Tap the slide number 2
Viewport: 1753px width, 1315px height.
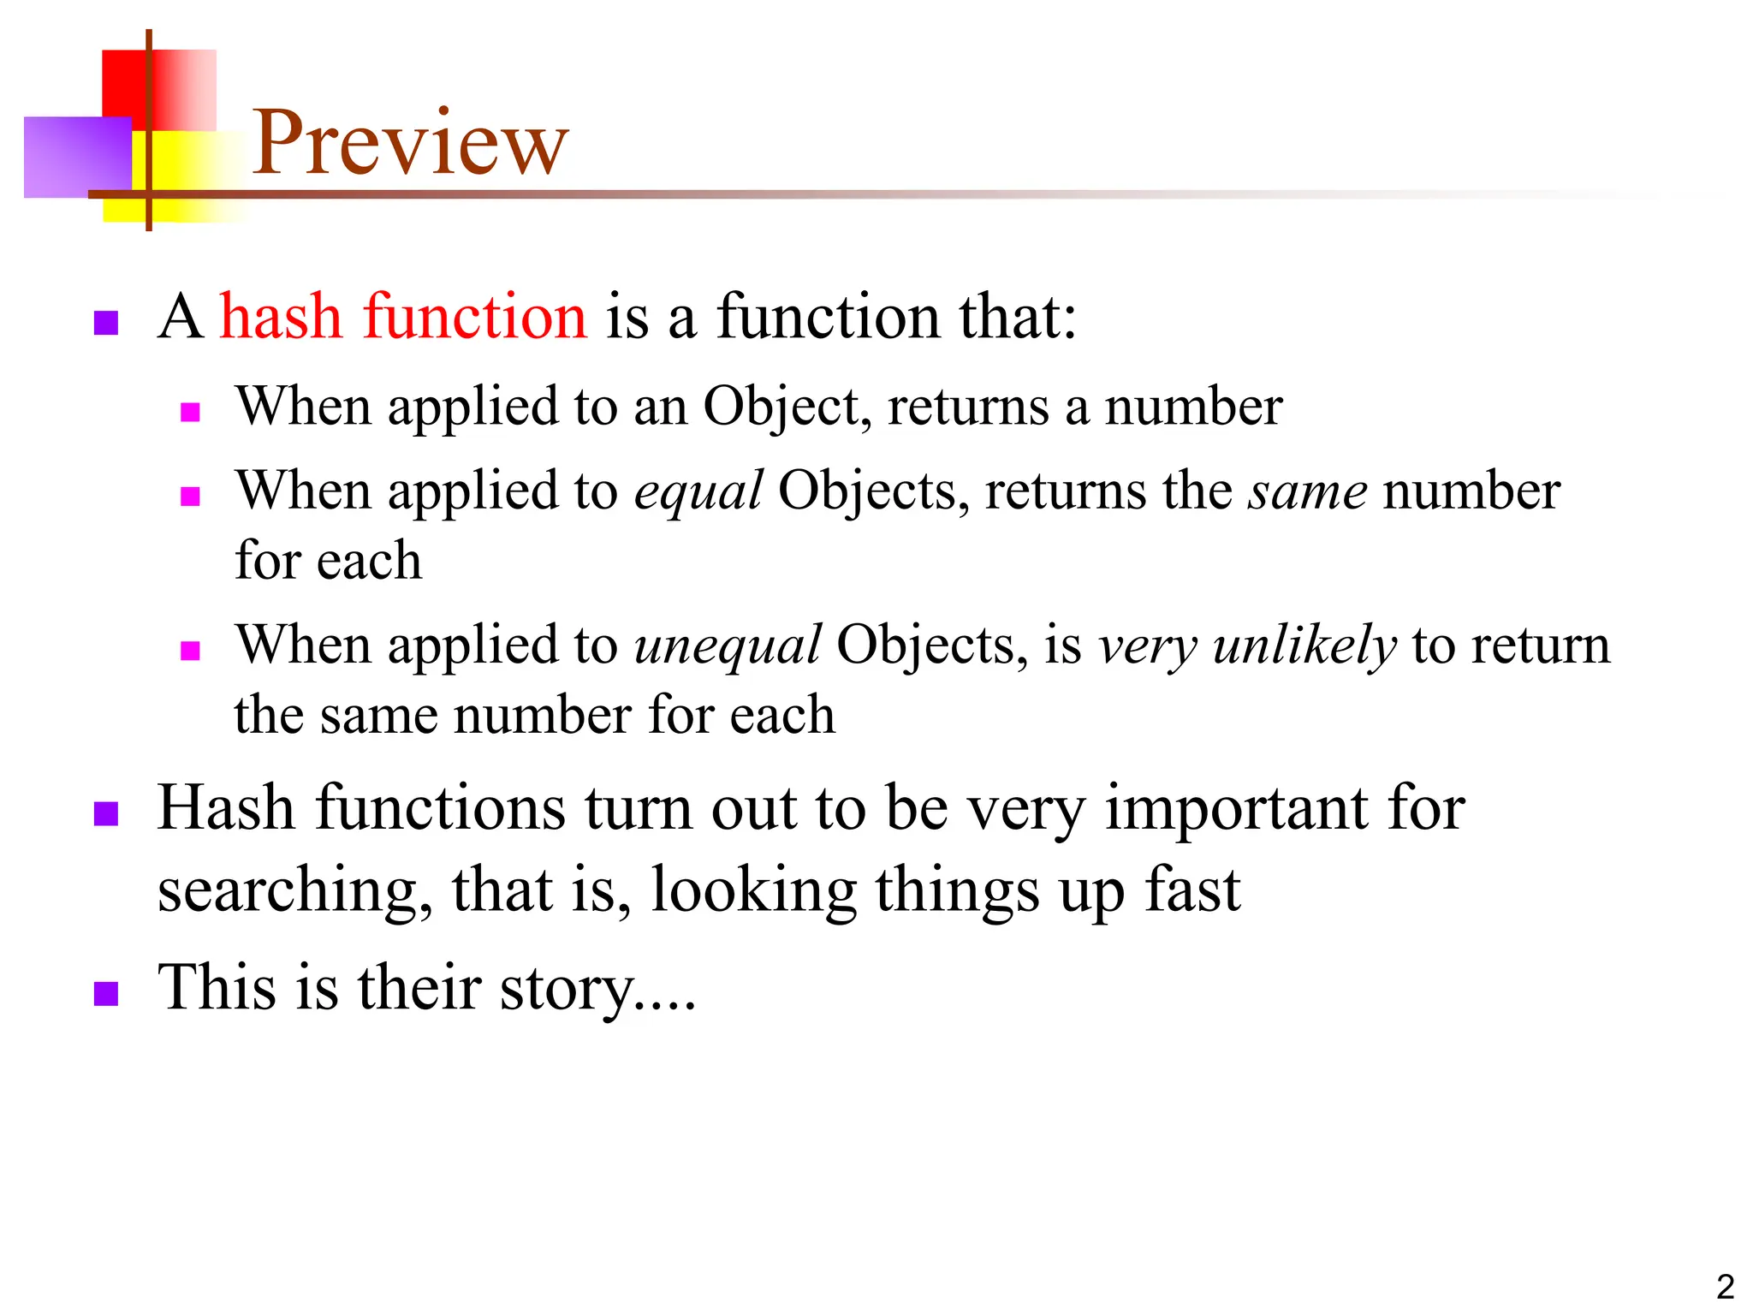[x=1725, y=1287]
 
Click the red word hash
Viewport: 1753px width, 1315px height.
[x=281, y=317]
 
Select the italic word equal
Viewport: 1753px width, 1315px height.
[x=698, y=492]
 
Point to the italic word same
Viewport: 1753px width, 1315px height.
[x=1307, y=492]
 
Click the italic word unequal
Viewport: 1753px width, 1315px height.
[x=727, y=646]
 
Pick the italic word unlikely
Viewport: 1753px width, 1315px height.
[x=1304, y=646]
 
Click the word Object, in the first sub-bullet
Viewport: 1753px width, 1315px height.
[x=787, y=407]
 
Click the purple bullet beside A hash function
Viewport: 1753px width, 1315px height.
[x=105, y=323]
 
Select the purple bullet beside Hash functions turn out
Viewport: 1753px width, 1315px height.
[x=105, y=813]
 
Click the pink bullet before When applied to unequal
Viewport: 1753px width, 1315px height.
[x=190, y=651]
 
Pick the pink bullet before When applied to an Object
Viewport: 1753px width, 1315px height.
[x=190, y=413]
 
